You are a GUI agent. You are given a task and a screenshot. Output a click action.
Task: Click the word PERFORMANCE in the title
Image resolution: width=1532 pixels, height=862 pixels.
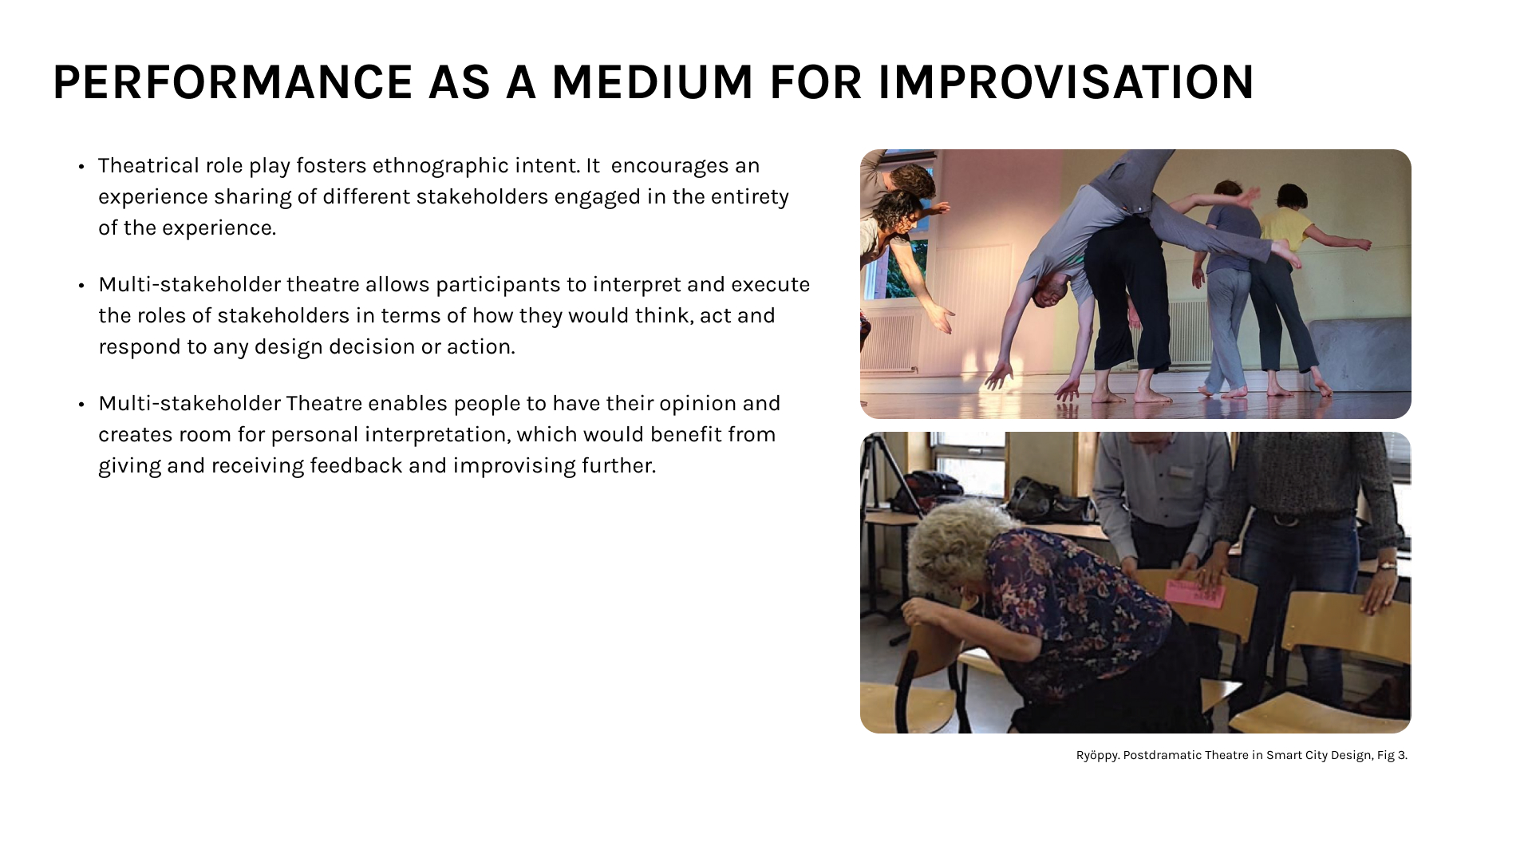pos(233,82)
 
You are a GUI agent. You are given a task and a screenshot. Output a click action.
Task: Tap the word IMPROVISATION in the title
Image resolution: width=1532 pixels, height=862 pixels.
pos(1066,82)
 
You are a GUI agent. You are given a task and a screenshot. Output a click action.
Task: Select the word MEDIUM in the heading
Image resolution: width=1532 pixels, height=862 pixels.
pos(652,82)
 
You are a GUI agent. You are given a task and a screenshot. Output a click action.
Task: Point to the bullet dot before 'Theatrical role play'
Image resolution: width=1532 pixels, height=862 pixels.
pos(81,167)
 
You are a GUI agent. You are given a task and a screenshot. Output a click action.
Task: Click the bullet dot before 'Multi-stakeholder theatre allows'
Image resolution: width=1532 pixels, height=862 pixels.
pos(81,286)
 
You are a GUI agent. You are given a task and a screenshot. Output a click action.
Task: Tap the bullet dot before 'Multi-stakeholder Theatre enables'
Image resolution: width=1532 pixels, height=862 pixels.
pos(81,405)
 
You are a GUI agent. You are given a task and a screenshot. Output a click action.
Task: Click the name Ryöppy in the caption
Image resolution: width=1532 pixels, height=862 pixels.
pos(1097,756)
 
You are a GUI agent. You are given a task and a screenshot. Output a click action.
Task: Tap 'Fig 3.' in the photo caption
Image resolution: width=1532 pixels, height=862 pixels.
pos(1392,755)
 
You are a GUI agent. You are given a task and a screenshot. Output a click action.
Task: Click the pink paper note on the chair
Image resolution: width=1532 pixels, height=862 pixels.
pos(1194,594)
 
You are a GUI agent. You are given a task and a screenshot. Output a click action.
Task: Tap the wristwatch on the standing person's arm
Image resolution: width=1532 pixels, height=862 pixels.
pos(1387,565)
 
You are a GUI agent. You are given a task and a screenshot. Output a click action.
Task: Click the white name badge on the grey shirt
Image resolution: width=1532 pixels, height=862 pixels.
pos(1180,473)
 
